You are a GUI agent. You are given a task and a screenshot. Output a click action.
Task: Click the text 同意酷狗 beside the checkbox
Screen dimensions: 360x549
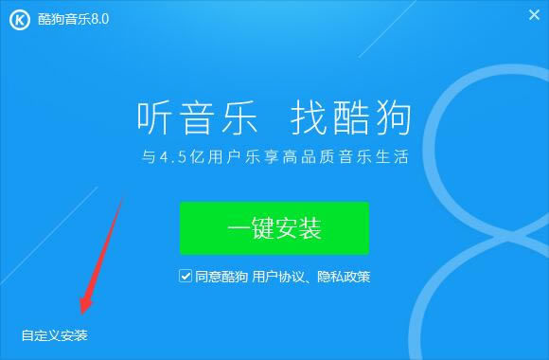click(221, 278)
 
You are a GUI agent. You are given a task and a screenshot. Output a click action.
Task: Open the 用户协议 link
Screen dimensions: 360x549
click(276, 278)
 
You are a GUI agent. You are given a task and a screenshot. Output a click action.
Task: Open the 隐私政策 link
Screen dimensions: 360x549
click(345, 278)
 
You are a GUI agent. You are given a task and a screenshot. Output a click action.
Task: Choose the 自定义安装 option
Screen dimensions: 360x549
click(54, 335)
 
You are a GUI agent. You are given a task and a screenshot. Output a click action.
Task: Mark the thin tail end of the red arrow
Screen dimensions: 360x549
click(122, 197)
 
